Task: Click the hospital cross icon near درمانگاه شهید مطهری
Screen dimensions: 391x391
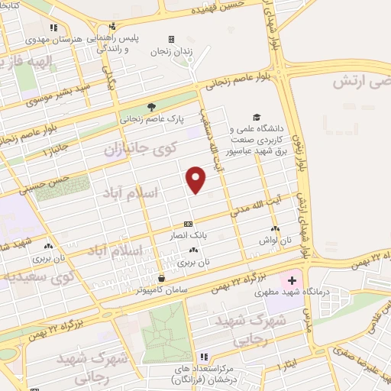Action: coord(292,281)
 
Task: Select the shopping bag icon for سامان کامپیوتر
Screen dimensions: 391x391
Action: coord(161,278)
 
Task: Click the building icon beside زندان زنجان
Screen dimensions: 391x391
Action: coord(171,39)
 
